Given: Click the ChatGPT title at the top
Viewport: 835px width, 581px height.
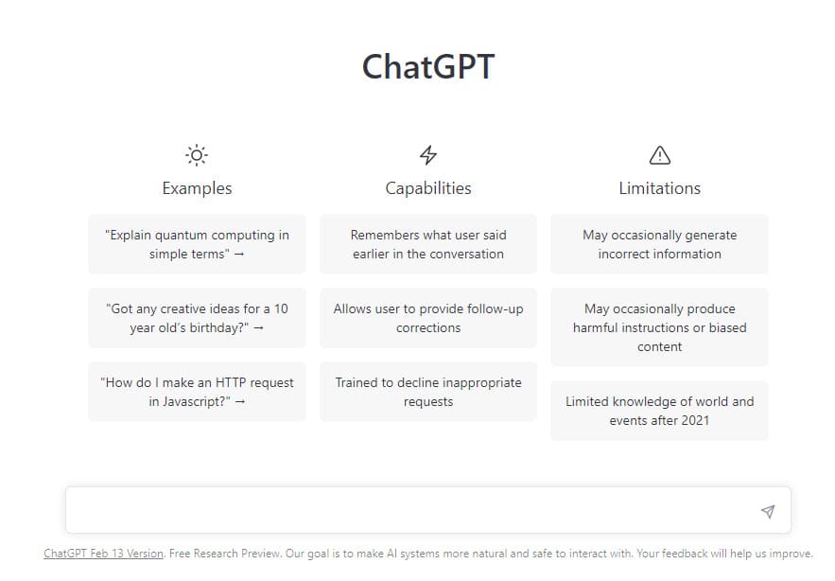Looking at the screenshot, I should point(428,67).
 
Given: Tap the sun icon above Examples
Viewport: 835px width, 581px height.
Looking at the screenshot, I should point(197,155).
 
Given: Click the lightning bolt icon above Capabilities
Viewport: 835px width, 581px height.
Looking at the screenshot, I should point(428,155).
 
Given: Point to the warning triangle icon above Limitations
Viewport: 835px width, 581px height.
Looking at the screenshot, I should point(659,155).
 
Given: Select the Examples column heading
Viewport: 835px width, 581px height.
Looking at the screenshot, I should point(197,188).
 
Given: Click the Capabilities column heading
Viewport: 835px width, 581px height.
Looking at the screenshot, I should point(428,188).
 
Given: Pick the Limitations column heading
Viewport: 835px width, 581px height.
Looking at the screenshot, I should point(659,188).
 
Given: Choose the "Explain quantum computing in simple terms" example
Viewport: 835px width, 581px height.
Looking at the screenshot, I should point(197,244).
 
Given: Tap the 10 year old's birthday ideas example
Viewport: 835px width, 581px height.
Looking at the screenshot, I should point(197,318).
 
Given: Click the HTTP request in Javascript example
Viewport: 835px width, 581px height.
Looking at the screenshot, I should point(197,392).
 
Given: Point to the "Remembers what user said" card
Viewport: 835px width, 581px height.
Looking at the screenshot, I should point(428,244).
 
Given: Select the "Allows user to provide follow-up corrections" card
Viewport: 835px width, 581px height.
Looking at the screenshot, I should point(428,318).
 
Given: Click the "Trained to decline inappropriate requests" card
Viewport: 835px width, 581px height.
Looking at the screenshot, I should point(428,392).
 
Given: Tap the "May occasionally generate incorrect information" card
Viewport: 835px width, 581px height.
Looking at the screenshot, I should point(659,244).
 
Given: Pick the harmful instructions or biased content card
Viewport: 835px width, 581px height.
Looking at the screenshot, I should point(659,327).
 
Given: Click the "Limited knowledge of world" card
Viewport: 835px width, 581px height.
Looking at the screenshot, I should point(659,411).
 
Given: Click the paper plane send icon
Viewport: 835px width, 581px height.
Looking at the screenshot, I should point(768,512).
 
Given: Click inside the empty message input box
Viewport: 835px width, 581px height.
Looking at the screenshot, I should point(407,511).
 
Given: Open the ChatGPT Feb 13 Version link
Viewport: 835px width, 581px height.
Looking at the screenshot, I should point(104,554).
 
